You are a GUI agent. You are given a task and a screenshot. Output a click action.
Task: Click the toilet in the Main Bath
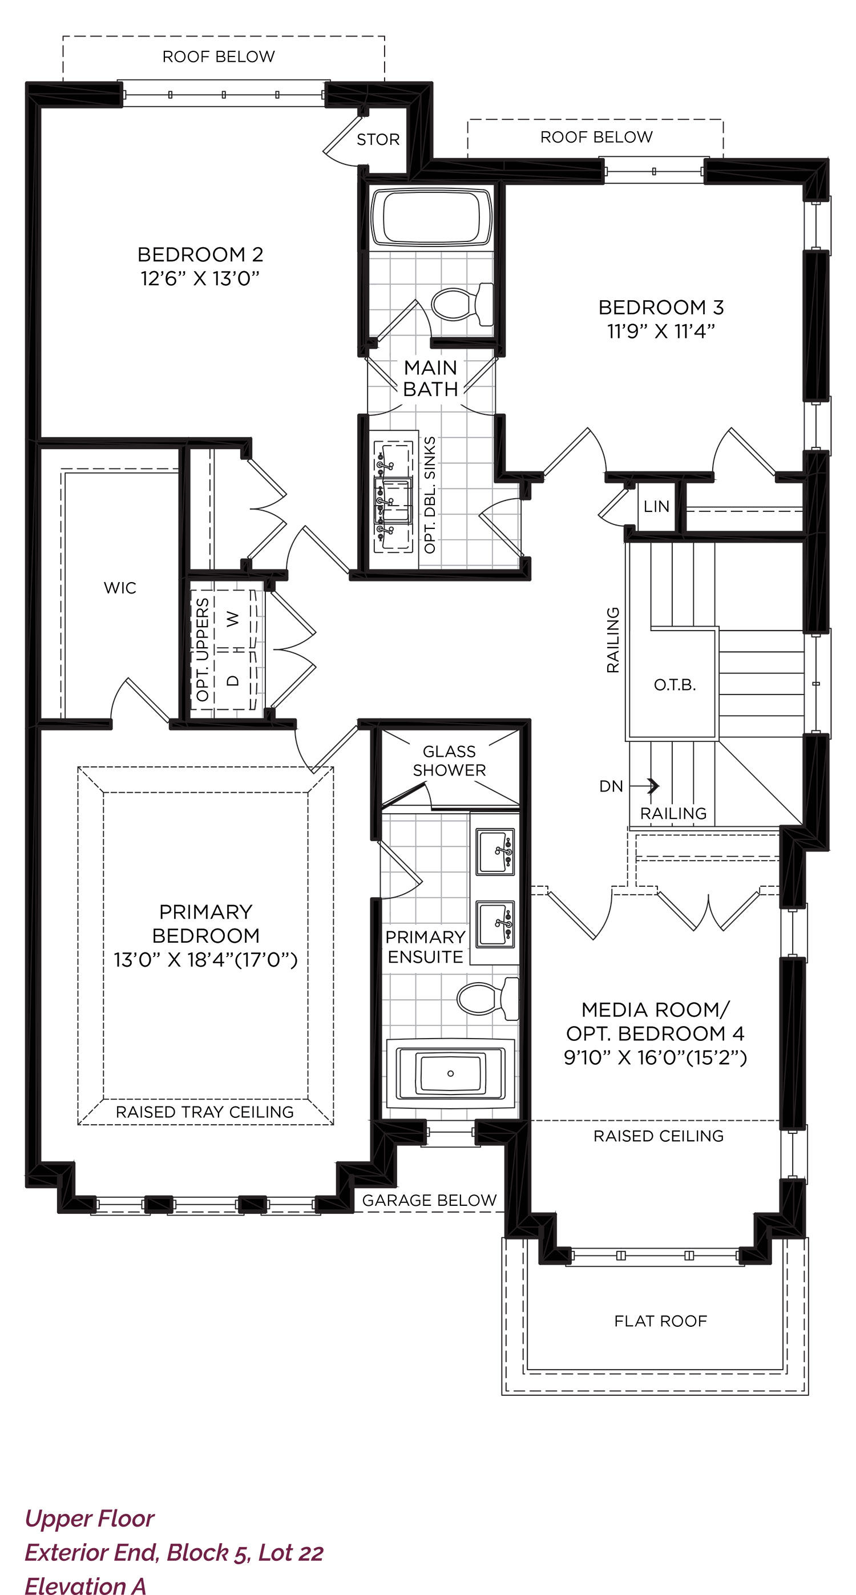pos(462,304)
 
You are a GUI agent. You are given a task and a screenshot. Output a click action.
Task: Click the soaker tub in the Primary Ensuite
pos(450,1073)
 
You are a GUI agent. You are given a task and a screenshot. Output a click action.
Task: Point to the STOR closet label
pos(378,140)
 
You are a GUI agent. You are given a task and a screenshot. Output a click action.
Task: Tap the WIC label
pos(120,588)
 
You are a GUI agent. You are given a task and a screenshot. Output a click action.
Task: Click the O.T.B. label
pos(675,685)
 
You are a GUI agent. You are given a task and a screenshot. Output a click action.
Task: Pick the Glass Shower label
pos(449,761)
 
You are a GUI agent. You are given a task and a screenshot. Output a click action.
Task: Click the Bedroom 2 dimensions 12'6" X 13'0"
pos(200,278)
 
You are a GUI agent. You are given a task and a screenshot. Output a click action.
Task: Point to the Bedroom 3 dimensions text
pos(661,331)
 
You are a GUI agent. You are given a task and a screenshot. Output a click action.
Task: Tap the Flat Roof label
pos(660,1321)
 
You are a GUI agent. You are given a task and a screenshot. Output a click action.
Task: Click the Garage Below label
pos(429,1201)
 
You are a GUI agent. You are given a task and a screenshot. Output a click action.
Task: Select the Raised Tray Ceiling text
pos(204,1112)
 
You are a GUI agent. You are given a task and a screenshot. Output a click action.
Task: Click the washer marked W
pos(233,619)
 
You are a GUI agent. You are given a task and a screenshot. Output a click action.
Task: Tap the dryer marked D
pos(233,680)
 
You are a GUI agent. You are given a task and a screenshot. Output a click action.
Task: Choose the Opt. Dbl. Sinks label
pos(429,495)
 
